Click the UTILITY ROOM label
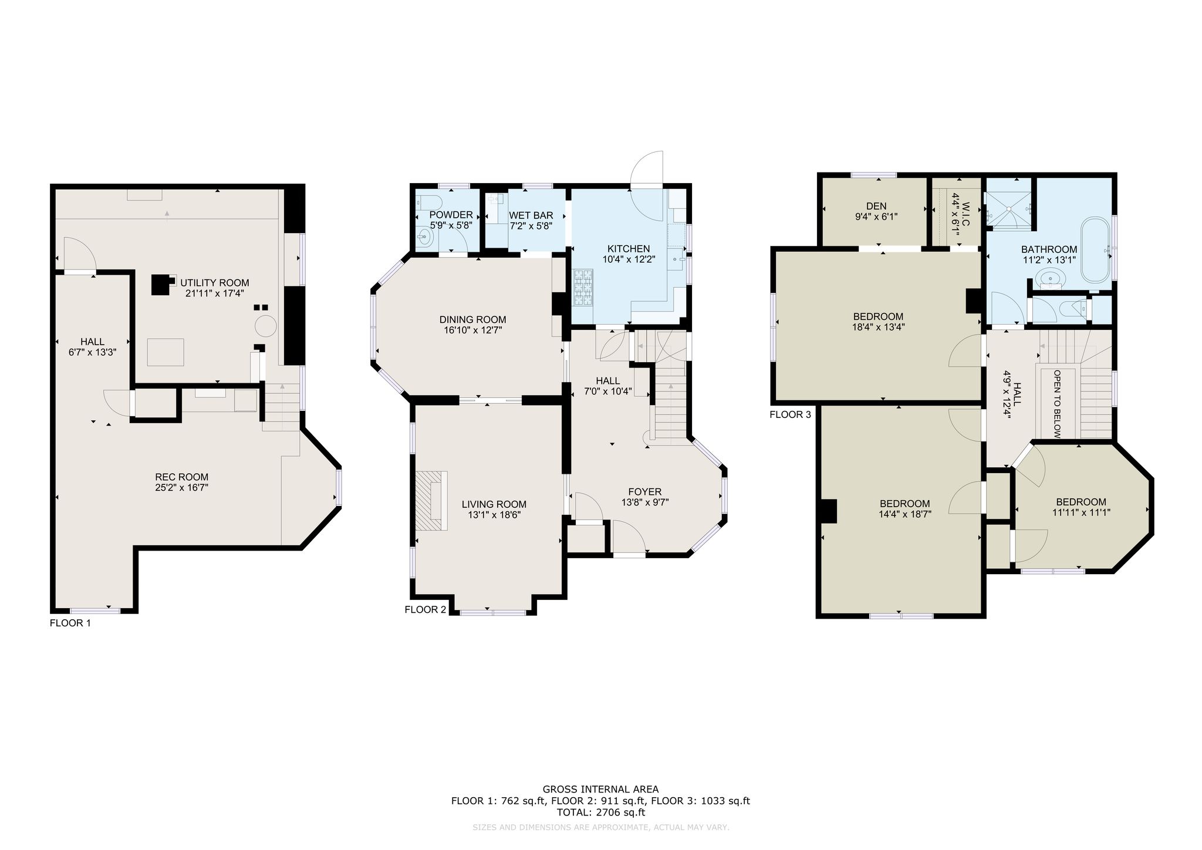(x=215, y=283)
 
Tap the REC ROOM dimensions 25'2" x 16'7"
(x=182, y=487)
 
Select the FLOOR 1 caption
(x=70, y=623)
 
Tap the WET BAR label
(x=531, y=215)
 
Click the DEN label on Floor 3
(x=876, y=206)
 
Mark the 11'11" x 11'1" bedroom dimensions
(x=1081, y=512)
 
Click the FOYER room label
(x=645, y=492)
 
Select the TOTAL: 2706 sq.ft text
(x=600, y=813)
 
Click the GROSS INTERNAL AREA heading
(x=600, y=790)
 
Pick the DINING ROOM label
(x=472, y=320)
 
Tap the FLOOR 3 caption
(x=790, y=415)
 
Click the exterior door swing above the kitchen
(x=647, y=169)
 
